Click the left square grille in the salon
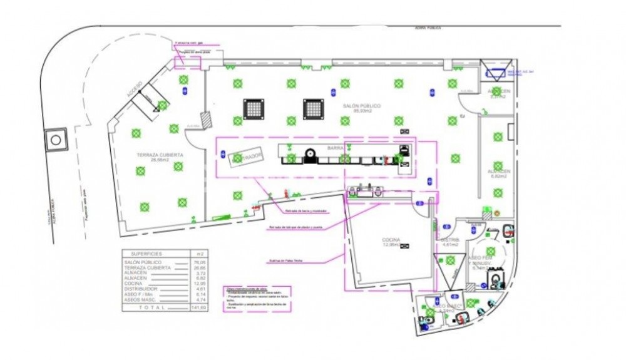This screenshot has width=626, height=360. point(253,109)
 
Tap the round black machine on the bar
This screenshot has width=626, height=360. point(309,154)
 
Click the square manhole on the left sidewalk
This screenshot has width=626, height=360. point(57,139)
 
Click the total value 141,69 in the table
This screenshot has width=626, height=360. point(200,308)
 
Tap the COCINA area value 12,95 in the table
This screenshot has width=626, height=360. point(200,284)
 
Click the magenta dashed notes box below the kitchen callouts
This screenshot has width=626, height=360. point(255,300)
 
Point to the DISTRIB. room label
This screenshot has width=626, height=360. point(451,240)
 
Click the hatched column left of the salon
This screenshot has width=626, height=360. point(205,120)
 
